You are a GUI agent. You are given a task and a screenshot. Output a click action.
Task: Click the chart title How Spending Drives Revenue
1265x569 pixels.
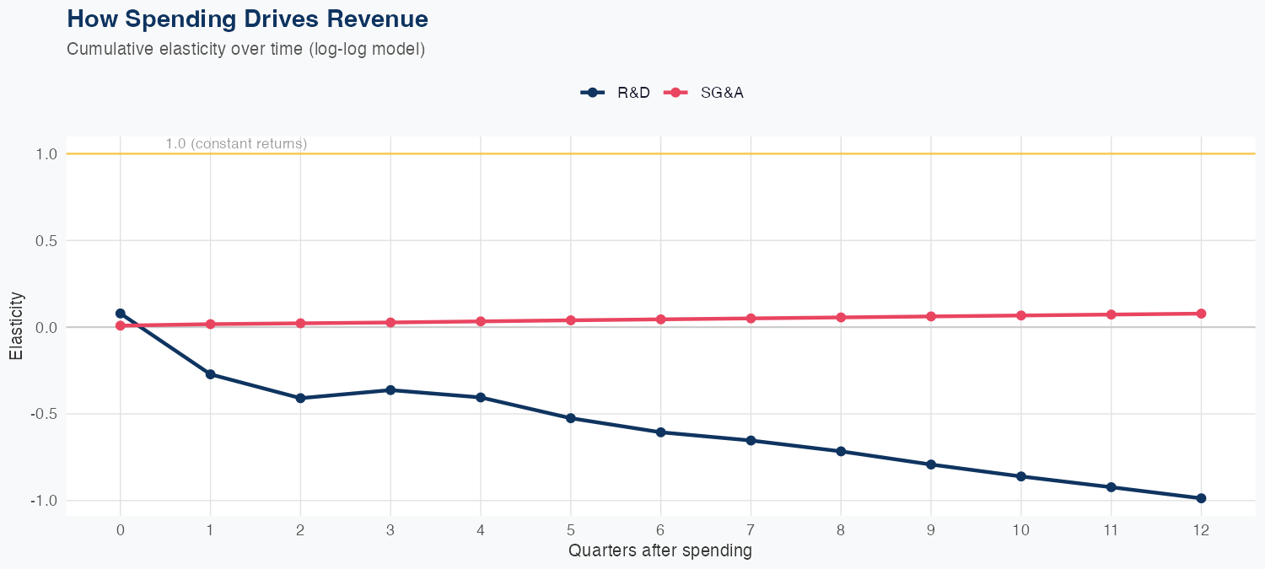(247, 19)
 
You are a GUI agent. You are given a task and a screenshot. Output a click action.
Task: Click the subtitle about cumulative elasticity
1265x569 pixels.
(245, 49)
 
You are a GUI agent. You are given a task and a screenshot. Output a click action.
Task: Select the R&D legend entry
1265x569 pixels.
(616, 93)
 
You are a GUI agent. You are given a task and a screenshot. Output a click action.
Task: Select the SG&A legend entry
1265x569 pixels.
(705, 93)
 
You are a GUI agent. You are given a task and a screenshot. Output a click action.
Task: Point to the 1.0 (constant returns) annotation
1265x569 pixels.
(236, 144)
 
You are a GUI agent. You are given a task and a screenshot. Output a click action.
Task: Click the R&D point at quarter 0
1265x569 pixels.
(121, 314)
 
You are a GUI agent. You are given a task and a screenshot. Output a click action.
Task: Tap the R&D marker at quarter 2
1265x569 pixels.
(300, 398)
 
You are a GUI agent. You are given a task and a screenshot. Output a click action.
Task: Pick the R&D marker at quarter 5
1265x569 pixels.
(571, 418)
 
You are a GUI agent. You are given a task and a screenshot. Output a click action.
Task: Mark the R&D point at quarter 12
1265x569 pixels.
(1201, 498)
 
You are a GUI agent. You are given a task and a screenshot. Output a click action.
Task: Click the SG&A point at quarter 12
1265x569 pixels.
(1201, 314)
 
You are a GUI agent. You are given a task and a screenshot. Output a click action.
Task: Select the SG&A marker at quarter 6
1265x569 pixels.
(661, 319)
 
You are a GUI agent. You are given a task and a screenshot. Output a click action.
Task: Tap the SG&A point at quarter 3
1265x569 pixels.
(390, 323)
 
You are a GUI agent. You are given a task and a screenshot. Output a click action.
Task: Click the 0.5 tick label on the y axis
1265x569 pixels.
(46, 241)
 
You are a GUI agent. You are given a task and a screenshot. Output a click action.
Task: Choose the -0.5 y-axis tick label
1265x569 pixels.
(44, 414)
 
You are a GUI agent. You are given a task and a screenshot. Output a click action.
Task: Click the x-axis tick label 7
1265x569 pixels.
(751, 530)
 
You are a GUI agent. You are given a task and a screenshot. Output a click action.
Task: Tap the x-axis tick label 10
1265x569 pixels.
(1020, 530)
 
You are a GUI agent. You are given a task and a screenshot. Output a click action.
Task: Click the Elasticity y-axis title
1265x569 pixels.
(16, 326)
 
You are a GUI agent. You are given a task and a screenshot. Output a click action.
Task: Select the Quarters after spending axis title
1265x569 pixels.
(660, 551)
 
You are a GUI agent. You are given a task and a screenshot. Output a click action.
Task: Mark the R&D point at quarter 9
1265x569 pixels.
(931, 464)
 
